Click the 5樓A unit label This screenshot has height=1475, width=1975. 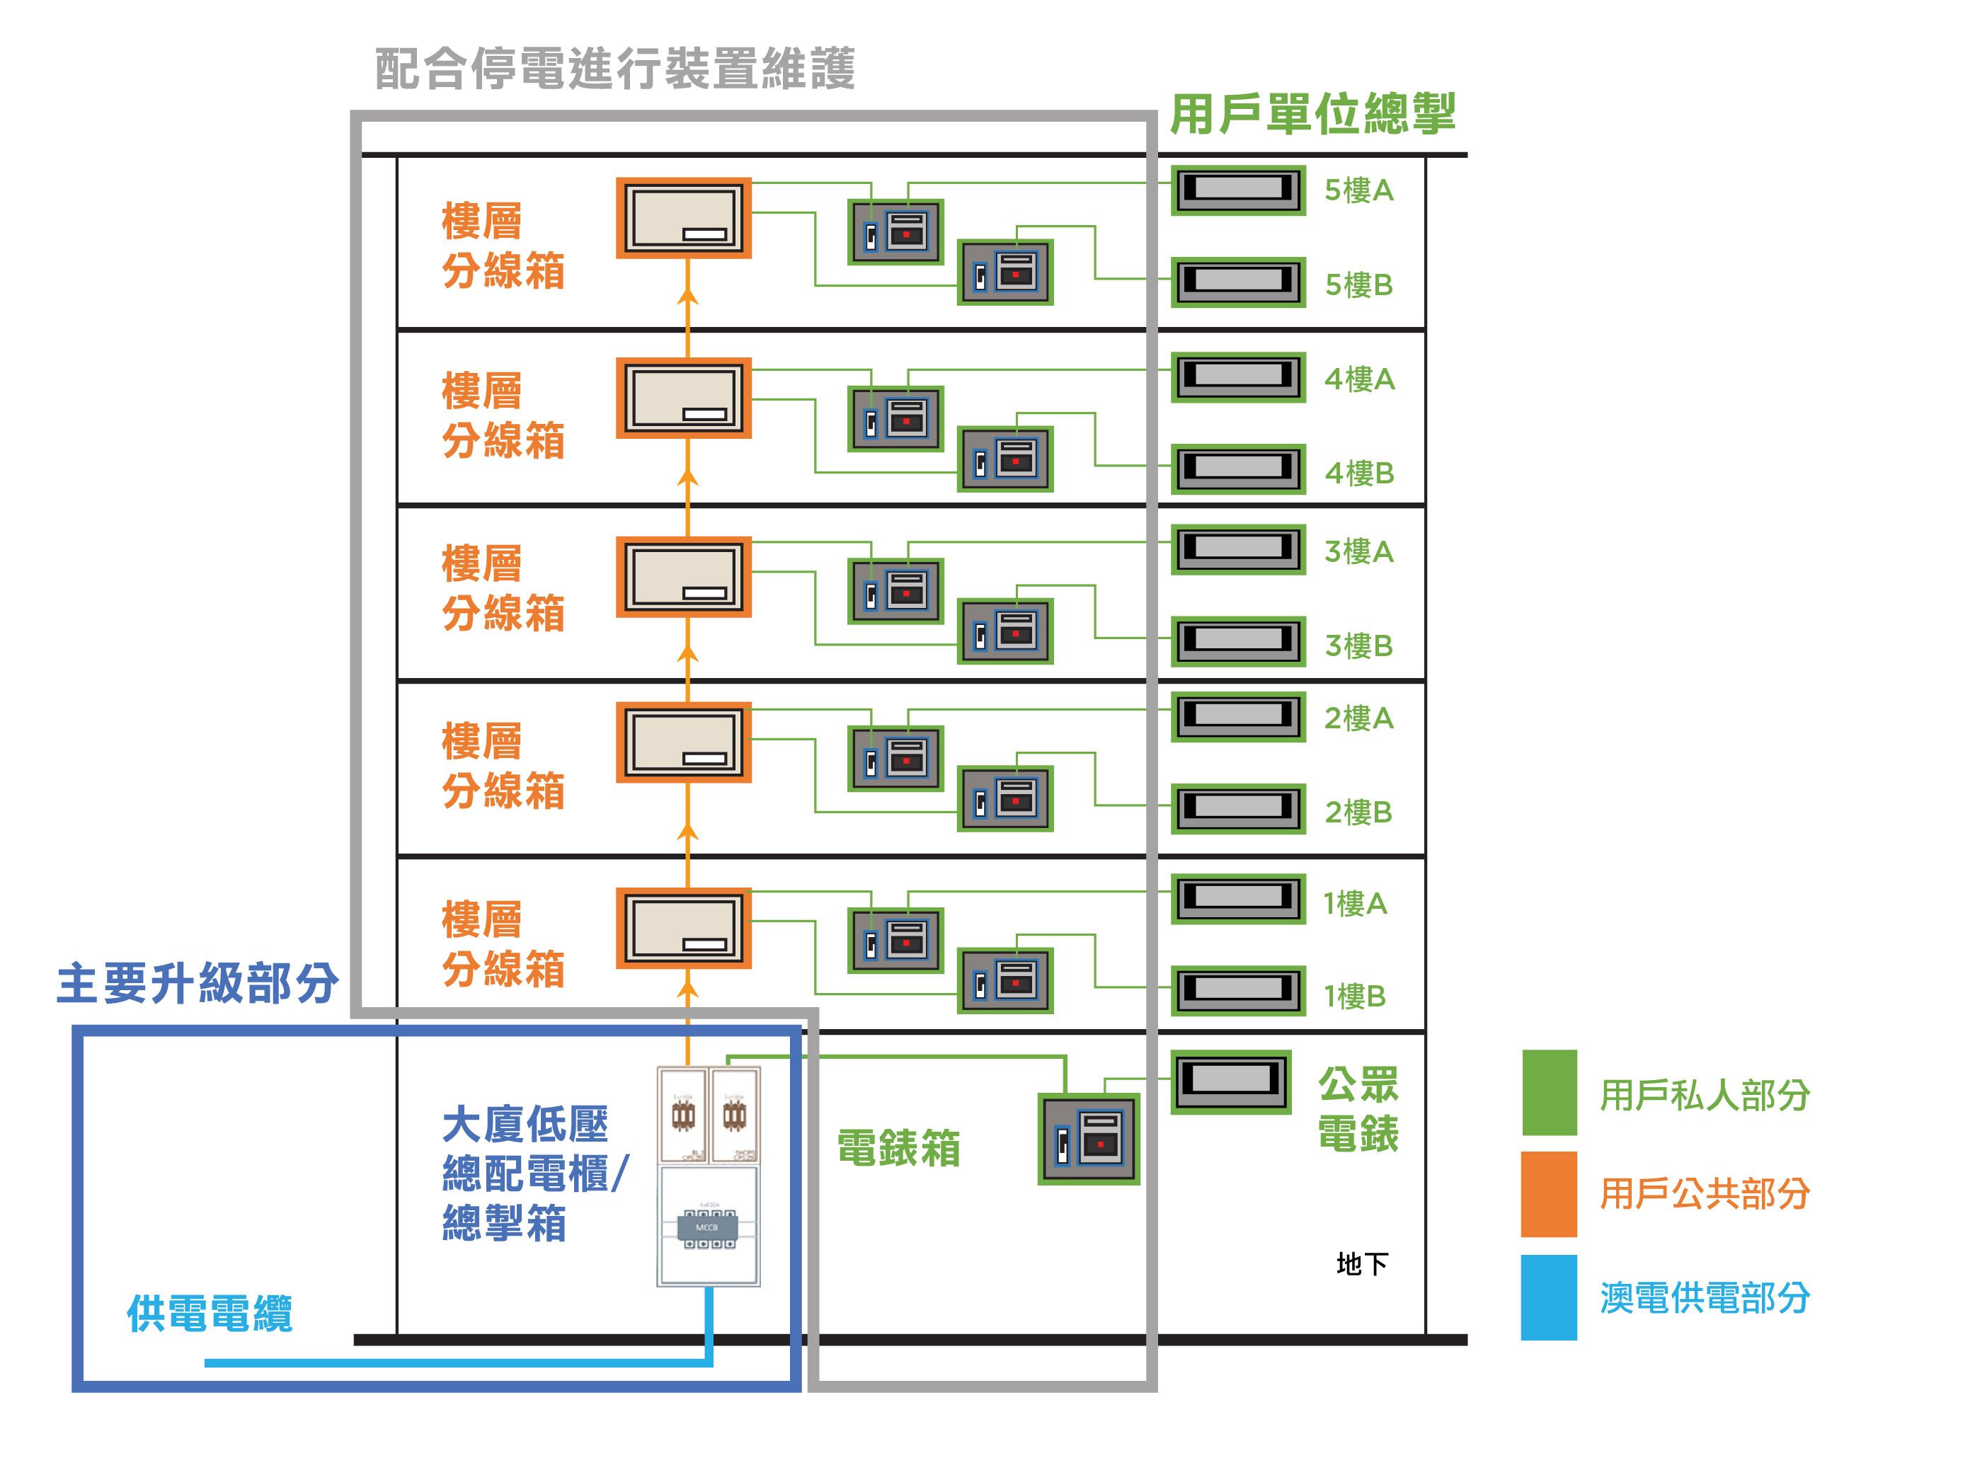[x=1358, y=190]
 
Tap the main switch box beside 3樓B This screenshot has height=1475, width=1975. [x=1237, y=640]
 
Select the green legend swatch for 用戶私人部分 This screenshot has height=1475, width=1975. [x=1549, y=1092]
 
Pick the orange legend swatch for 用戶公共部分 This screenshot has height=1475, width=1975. [x=1549, y=1194]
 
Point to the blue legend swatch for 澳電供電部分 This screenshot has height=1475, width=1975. [x=1549, y=1297]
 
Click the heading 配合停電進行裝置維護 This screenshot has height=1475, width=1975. [x=615, y=69]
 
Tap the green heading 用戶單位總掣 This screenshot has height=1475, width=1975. [x=1312, y=114]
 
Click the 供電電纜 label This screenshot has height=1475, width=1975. [x=210, y=1314]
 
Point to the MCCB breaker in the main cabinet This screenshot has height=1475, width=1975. [x=708, y=1229]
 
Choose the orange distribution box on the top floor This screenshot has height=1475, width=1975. [x=684, y=218]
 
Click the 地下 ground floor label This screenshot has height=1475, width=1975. [x=1361, y=1263]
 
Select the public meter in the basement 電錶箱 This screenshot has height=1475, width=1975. [x=1089, y=1140]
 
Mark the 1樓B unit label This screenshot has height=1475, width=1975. [x=1354, y=996]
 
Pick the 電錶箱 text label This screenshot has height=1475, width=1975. [x=898, y=1148]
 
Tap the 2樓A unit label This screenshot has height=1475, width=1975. [x=1358, y=718]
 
